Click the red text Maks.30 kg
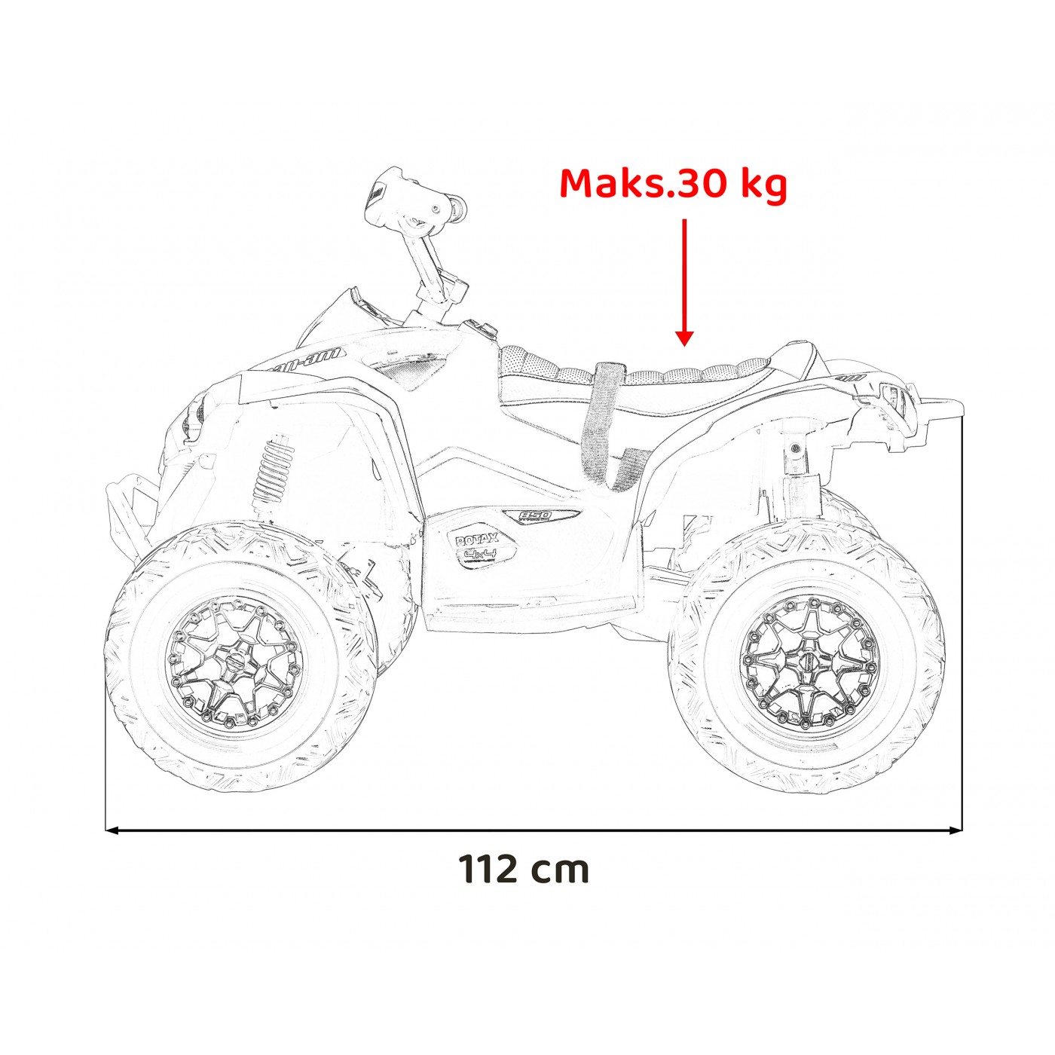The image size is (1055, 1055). (x=673, y=184)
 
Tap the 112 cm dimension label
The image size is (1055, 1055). (x=524, y=869)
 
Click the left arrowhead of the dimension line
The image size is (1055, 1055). (x=113, y=830)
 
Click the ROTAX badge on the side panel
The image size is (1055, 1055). (x=476, y=539)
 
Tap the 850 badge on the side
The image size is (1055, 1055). (x=537, y=516)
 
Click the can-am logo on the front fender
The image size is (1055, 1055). (x=301, y=361)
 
